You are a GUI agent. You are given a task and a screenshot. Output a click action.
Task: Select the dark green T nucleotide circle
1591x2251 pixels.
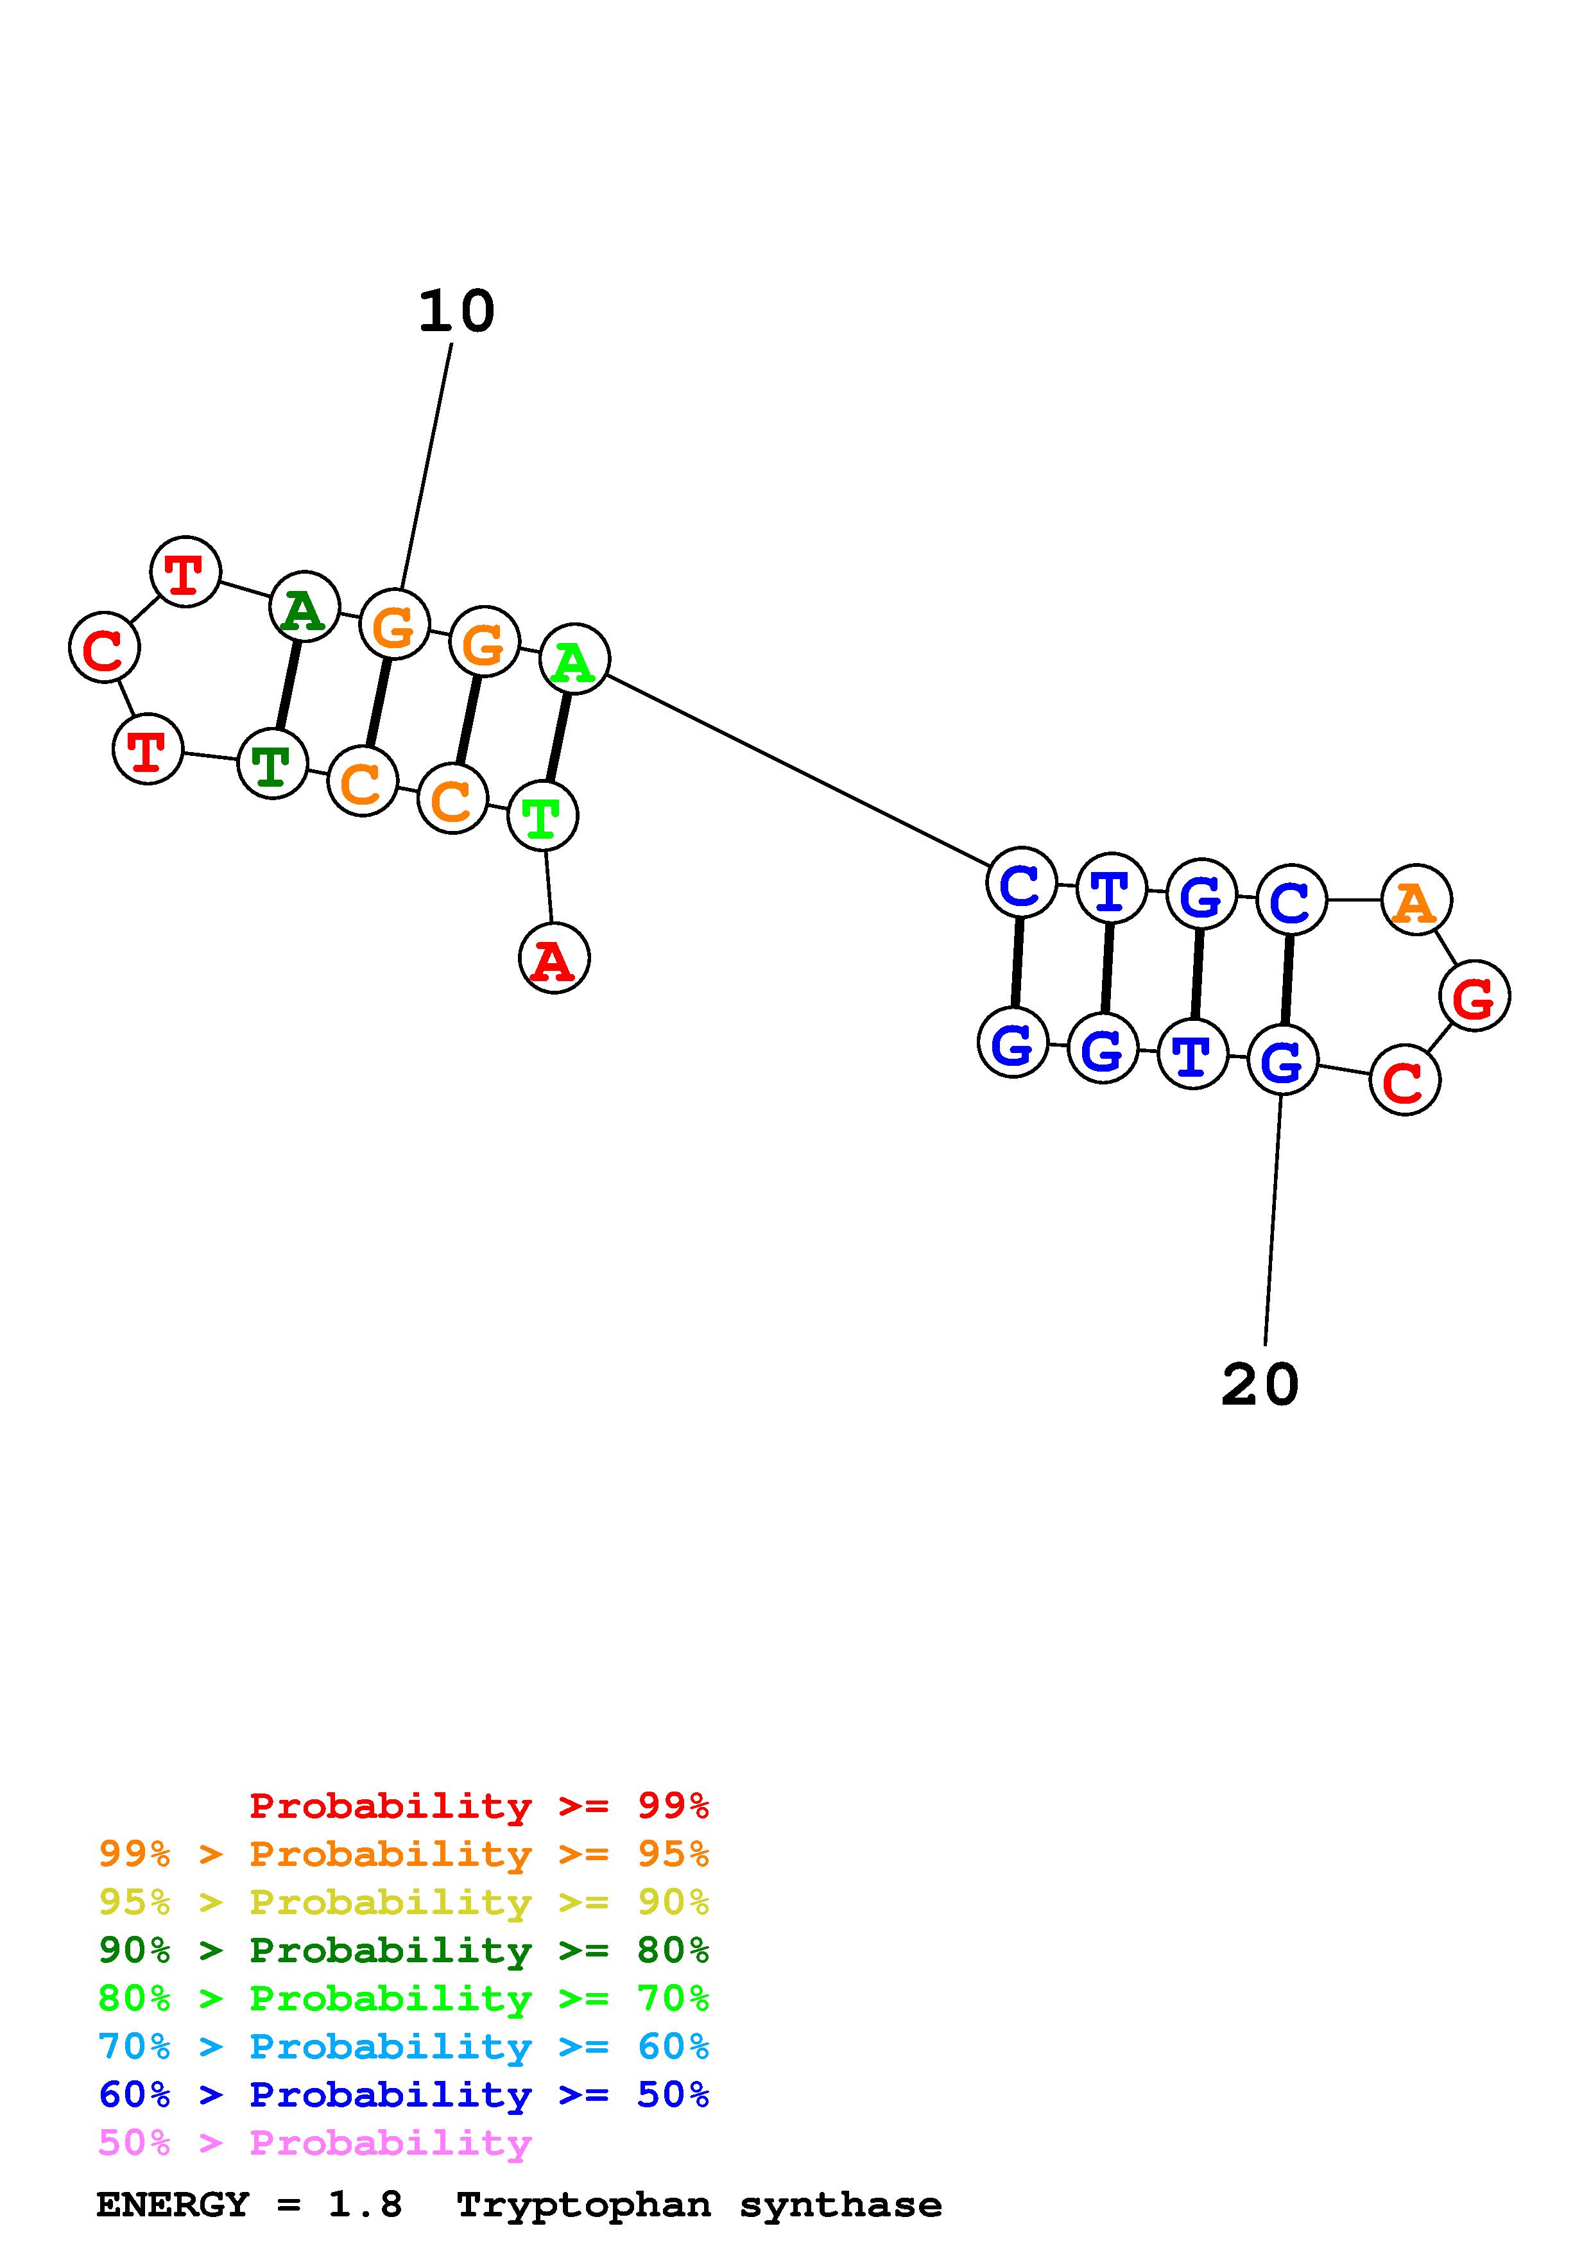[273, 764]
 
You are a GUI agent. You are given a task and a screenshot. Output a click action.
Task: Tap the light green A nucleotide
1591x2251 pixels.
[574, 659]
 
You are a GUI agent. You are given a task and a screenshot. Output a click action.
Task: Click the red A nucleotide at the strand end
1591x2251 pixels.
[554, 958]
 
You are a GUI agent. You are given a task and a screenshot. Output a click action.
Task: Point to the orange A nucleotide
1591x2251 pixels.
[1416, 900]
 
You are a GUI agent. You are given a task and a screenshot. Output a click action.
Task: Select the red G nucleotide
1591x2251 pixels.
[1474, 996]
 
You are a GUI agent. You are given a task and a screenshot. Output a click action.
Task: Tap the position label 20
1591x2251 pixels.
[1260, 1385]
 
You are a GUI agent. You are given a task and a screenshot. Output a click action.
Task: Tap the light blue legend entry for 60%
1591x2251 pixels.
[404, 2046]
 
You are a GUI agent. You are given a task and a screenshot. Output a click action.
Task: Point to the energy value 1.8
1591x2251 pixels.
[365, 2205]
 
